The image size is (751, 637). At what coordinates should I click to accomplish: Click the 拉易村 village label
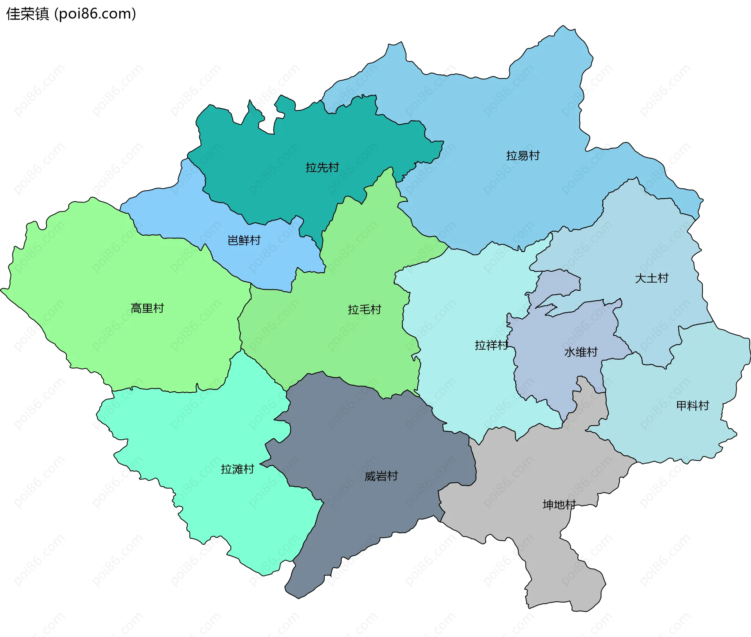pos(523,156)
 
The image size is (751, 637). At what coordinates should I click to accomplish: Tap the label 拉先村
pos(322,168)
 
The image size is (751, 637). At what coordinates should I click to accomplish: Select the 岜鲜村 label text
pos(244,240)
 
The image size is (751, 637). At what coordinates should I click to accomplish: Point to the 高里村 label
pos(147,309)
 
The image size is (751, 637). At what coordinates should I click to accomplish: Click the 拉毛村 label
pos(364,310)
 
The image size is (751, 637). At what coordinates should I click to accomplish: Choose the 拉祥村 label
pos(491,345)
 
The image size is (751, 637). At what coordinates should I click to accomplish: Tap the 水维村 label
pos(580,352)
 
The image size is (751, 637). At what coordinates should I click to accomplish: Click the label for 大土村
pos(651,278)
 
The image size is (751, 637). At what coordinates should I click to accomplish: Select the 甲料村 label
pos(692,406)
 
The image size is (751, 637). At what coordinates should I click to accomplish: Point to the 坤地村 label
pos(559,505)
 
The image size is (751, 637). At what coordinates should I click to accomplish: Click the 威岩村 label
pos(381,476)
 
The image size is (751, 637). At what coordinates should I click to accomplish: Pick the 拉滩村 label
pos(237,469)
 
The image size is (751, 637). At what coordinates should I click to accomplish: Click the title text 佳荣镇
pos(27,14)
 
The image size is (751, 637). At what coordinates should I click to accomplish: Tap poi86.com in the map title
pos(95,14)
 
